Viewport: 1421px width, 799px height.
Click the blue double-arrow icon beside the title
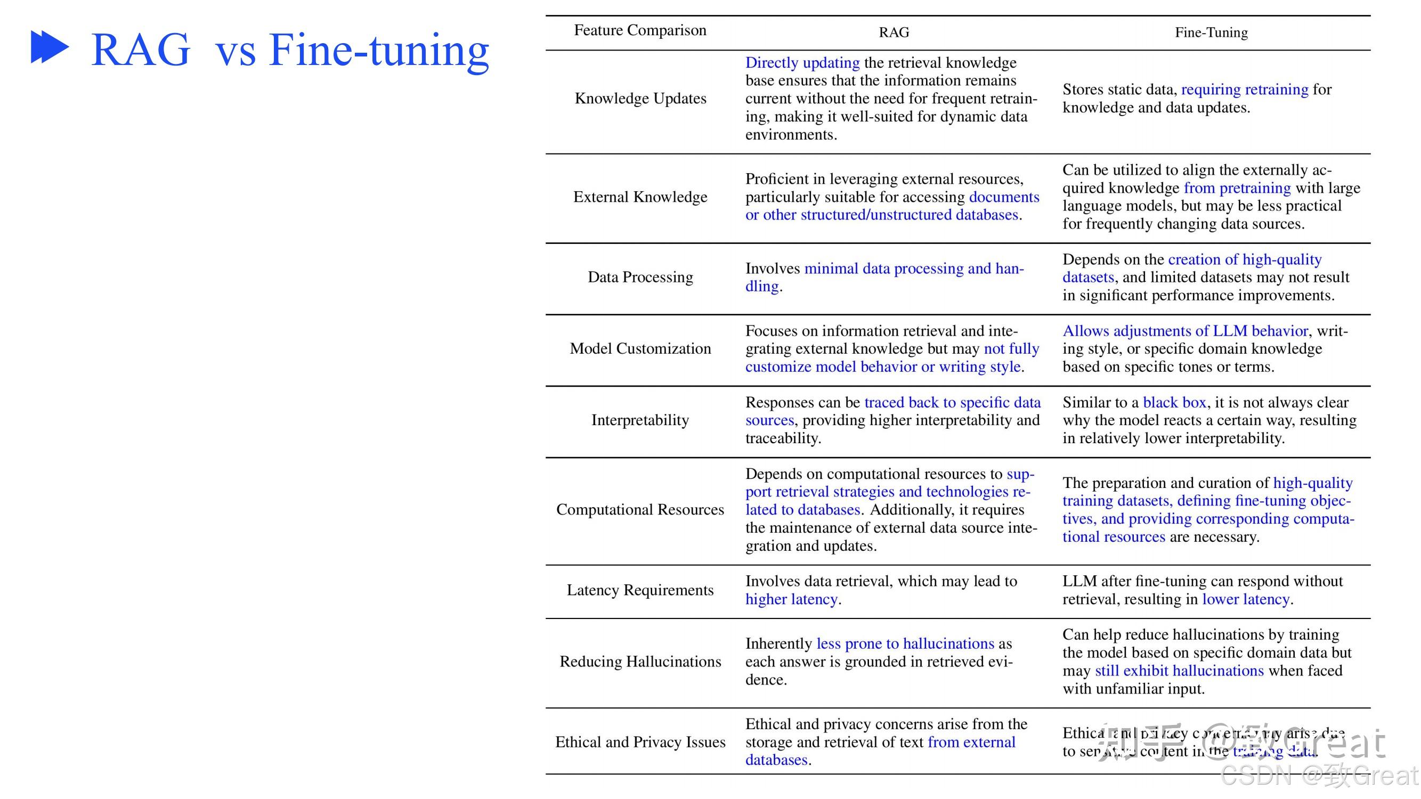(x=50, y=47)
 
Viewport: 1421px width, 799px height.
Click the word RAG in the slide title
(x=141, y=50)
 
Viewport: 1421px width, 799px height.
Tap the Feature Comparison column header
(x=640, y=30)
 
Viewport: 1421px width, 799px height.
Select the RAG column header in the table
(x=894, y=32)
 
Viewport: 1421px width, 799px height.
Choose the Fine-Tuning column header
(x=1211, y=32)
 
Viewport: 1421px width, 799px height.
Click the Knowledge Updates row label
(x=640, y=98)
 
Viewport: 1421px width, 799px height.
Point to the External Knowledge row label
(x=640, y=197)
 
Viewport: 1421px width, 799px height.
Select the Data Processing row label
(x=640, y=277)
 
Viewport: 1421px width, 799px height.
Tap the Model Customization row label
(x=640, y=348)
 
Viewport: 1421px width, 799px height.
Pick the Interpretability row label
(x=640, y=420)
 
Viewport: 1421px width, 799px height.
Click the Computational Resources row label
(x=640, y=510)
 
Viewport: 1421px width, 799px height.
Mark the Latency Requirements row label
(x=640, y=590)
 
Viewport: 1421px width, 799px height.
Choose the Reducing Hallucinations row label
(x=640, y=662)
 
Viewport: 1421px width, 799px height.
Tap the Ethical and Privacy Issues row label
(x=640, y=742)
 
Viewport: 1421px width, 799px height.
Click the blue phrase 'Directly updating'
(x=802, y=63)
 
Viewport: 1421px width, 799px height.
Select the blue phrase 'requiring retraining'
(x=1245, y=89)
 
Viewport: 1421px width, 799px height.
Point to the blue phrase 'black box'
(x=1174, y=403)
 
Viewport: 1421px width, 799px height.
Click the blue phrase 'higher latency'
(x=791, y=599)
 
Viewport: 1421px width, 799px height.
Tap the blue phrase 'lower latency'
(x=1246, y=599)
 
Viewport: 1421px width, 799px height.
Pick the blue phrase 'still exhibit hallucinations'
(x=1179, y=671)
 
